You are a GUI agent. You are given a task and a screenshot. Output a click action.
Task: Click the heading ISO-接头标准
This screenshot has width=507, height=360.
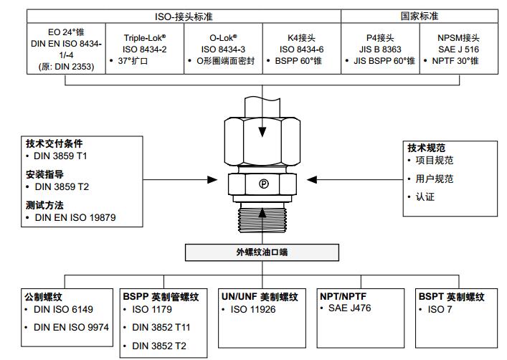click(x=184, y=16)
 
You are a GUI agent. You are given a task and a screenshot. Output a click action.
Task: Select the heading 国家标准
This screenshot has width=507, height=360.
click(x=419, y=16)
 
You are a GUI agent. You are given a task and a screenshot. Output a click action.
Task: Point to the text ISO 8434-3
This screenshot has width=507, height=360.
click(x=224, y=48)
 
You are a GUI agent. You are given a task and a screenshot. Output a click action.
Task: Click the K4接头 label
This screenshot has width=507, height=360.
click(x=301, y=37)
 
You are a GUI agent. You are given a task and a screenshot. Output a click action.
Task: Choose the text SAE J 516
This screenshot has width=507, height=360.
click(x=458, y=49)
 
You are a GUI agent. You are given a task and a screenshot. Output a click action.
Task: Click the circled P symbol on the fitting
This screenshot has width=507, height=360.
click(x=263, y=184)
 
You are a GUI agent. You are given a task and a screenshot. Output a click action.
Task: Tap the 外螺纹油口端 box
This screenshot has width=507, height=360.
click(x=262, y=252)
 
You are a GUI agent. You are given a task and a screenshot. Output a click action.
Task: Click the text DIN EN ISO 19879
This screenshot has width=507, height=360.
click(x=75, y=217)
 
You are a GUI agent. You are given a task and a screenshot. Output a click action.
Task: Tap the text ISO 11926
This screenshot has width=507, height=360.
click(x=254, y=310)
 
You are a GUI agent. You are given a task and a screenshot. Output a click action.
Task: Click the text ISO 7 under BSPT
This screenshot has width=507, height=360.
click(x=441, y=310)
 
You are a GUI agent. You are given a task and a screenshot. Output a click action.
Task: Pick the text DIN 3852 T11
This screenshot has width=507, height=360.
click(x=162, y=327)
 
